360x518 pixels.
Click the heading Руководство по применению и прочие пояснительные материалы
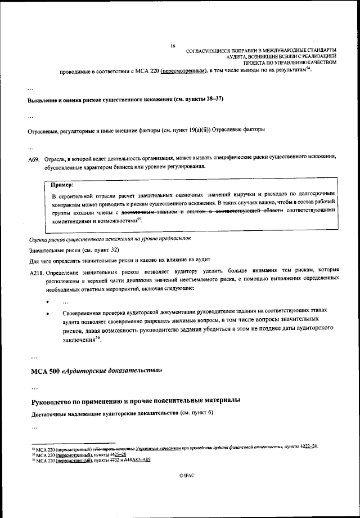pos(135,400)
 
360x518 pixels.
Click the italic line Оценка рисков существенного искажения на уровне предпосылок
pos(110,238)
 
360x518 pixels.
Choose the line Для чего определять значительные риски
pos(112,261)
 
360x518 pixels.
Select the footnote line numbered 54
pos(174,447)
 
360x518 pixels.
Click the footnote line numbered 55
pos(79,453)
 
